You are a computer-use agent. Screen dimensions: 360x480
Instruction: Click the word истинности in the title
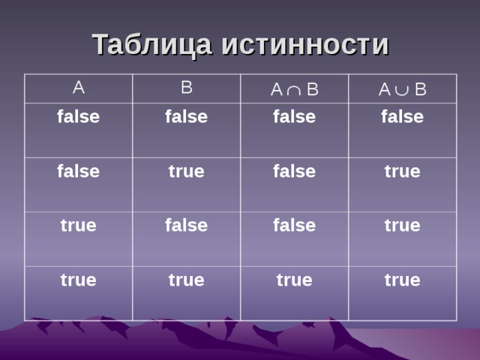click(304, 45)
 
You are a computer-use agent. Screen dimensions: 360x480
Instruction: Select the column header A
click(78, 88)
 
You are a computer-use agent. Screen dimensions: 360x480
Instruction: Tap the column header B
click(187, 88)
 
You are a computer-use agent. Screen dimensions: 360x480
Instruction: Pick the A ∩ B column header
click(294, 91)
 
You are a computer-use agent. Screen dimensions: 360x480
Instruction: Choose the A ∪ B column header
click(402, 91)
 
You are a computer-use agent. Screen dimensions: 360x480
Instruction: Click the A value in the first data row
click(78, 117)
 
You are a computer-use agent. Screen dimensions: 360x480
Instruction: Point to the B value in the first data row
click(186, 117)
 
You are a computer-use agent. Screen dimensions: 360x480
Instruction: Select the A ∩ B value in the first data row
click(294, 117)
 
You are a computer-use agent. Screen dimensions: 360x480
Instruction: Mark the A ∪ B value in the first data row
click(402, 117)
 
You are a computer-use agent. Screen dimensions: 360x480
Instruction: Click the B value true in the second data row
click(186, 172)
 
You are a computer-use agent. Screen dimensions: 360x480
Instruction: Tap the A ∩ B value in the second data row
click(294, 172)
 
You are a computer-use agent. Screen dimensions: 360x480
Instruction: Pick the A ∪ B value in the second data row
click(402, 172)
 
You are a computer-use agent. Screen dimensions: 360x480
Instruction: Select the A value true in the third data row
click(78, 225)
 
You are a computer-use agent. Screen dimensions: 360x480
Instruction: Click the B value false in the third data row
click(186, 225)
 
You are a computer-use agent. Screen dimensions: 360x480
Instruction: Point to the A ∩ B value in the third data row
click(294, 225)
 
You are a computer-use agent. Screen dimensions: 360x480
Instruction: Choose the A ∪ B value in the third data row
click(402, 225)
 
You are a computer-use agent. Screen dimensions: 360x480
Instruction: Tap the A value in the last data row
click(78, 280)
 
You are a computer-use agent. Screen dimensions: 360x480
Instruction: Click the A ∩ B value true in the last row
click(294, 280)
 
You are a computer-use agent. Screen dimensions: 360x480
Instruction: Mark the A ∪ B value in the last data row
click(402, 280)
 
